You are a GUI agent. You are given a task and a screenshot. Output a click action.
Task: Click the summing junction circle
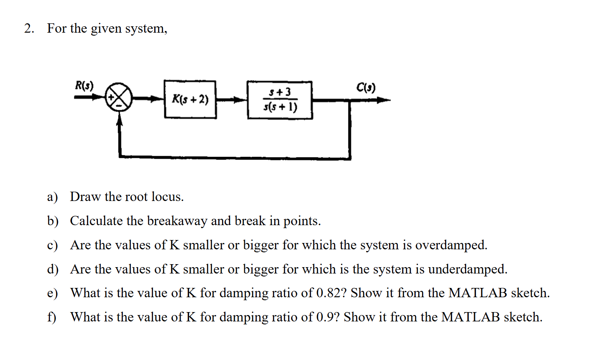pyautogui.click(x=119, y=97)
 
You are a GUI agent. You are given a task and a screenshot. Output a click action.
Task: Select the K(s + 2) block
pyautogui.click(x=190, y=100)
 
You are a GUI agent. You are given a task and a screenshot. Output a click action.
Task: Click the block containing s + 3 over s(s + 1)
pyautogui.click(x=280, y=100)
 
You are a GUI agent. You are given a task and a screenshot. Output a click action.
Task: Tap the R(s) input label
pyautogui.click(x=84, y=85)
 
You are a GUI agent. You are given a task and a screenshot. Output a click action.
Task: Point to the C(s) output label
pyautogui.click(x=366, y=87)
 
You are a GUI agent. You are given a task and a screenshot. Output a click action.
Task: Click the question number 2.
pyautogui.click(x=29, y=28)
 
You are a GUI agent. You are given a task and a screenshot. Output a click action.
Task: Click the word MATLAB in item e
pyautogui.click(x=478, y=293)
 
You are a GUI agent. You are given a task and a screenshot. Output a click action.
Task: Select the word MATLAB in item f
pyautogui.click(x=470, y=317)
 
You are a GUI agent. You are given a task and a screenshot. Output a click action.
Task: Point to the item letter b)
pyautogui.click(x=53, y=221)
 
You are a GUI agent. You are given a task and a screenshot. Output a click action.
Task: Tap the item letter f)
pyautogui.click(x=52, y=317)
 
